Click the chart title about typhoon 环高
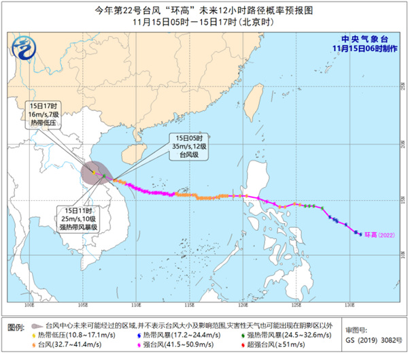coord(204,10)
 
